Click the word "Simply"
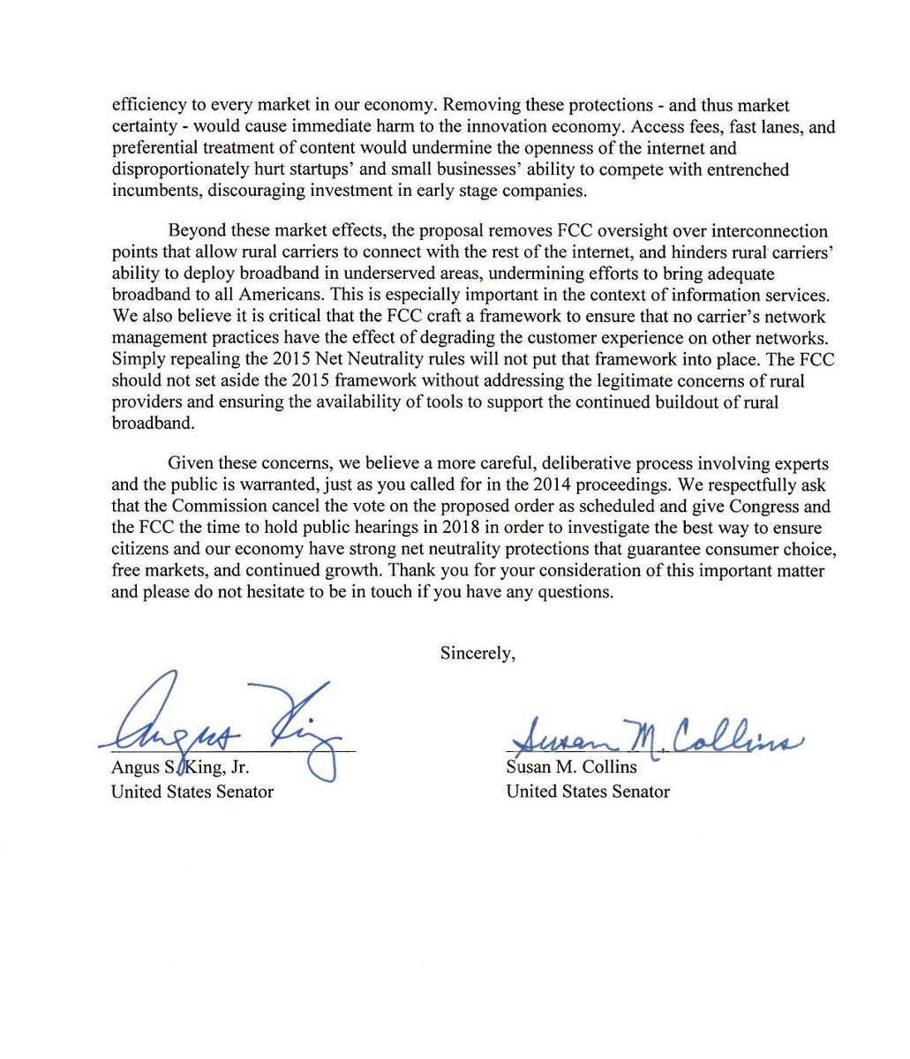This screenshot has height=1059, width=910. click(137, 358)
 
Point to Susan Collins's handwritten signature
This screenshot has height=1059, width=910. click(653, 734)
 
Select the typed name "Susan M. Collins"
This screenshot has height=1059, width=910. click(571, 767)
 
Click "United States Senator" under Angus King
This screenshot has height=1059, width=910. click(192, 792)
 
